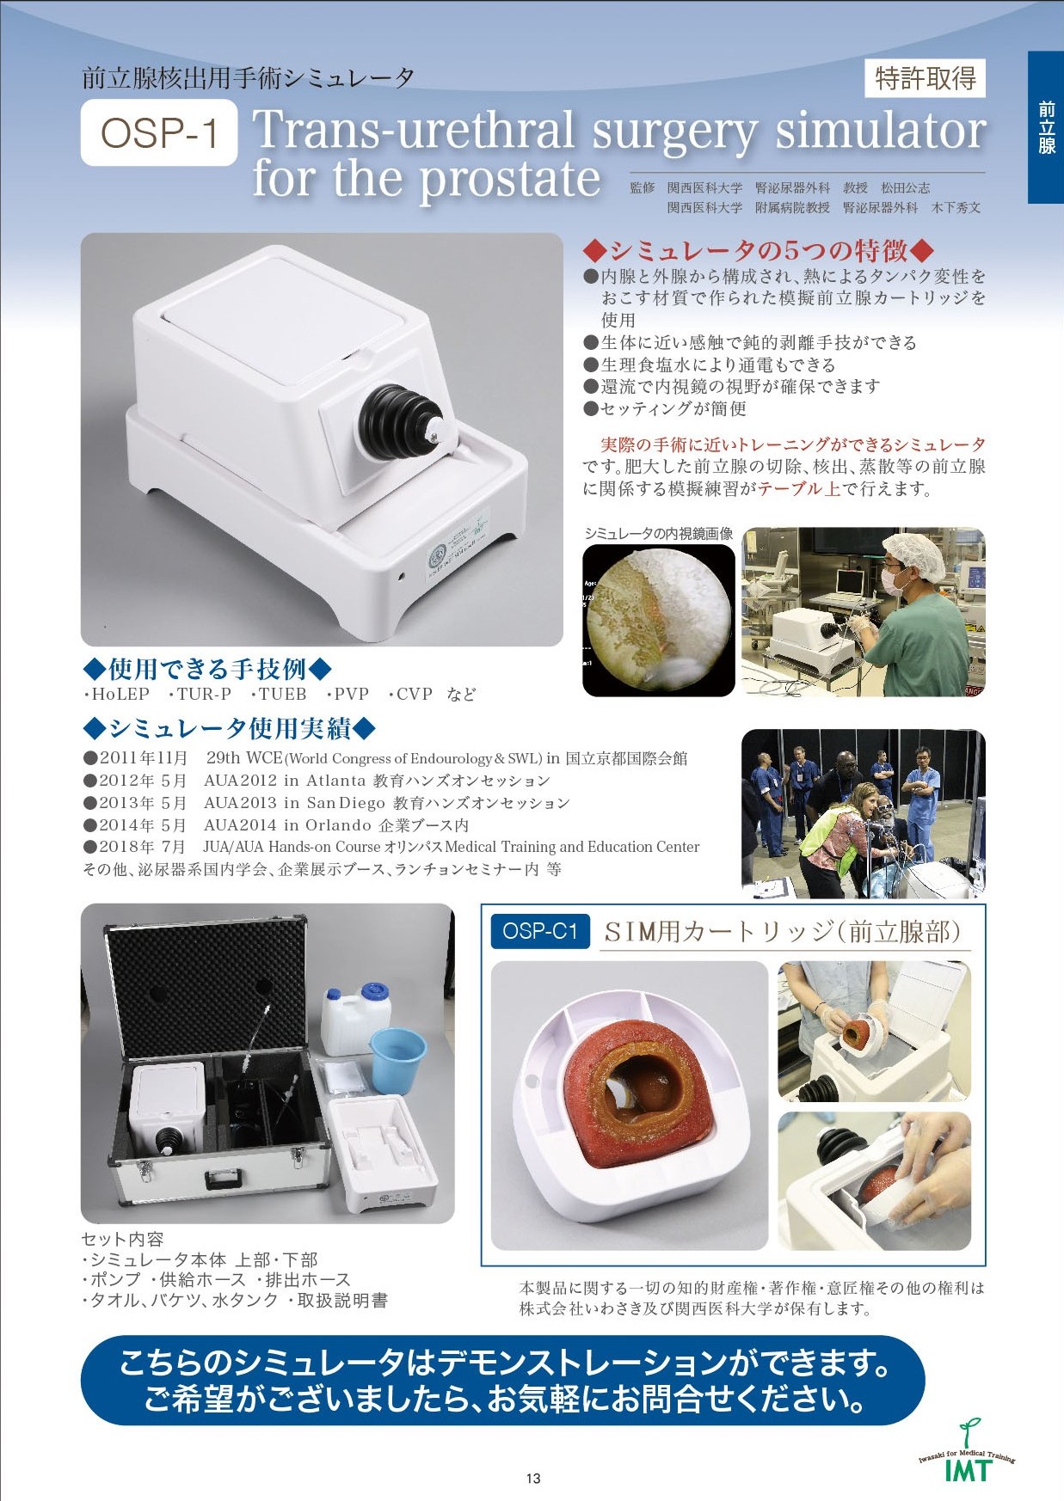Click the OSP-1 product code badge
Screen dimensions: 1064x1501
coord(159,132)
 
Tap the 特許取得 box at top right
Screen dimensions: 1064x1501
coord(926,78)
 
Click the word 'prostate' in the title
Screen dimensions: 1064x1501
coord(510,179)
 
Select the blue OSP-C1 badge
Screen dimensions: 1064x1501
coord(540,931)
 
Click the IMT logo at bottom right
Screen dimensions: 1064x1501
coord(968,1455)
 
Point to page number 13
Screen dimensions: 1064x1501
coord(533,1479)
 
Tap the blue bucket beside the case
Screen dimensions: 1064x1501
coord(397,1059)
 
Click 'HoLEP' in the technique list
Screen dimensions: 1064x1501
coord(120,694)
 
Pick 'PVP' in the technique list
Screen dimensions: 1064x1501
coord(352,694)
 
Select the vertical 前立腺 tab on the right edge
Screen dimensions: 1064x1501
coord(1046,127)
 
